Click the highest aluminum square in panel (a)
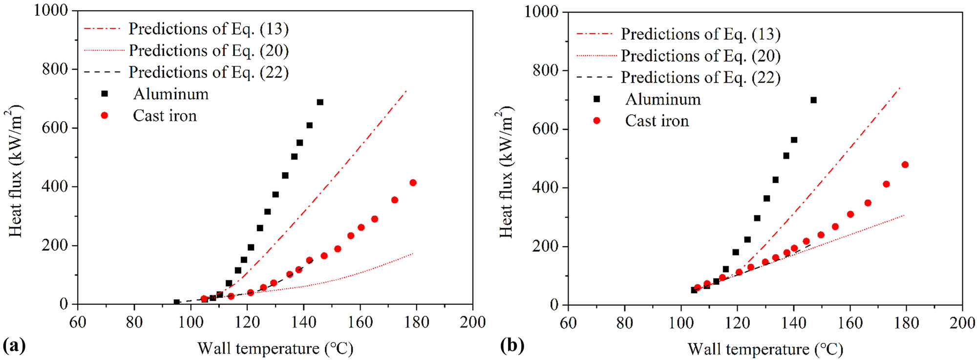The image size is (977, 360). (320, 102)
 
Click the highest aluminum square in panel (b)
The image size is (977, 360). (813, 100)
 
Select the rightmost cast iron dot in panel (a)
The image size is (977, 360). (413, 183)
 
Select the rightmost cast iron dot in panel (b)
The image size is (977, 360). (905, 165)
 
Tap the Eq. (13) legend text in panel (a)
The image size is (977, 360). (209, 29)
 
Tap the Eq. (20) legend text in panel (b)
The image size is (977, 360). (701, 56)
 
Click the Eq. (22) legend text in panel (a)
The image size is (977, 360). (209, 72)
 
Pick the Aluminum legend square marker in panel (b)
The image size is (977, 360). (596, 99)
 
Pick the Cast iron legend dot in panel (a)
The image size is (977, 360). (104, 116)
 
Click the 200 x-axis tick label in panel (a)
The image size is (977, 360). (472, 322)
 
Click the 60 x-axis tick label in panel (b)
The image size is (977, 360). (568, 323)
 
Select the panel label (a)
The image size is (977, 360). (14, 346)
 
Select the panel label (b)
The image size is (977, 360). (512, 346)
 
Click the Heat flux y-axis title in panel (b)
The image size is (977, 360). (506, 172)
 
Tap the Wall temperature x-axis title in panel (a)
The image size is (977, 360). (275, 348)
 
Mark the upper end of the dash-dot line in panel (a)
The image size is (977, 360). (406, 91)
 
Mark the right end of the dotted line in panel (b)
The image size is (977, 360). (904, 215)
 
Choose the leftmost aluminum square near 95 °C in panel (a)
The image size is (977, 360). (177, 302)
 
